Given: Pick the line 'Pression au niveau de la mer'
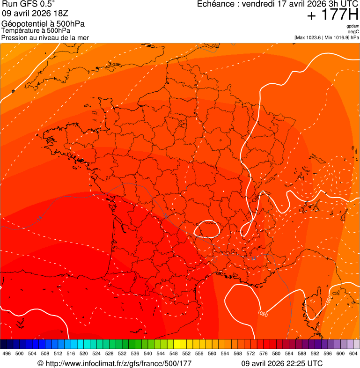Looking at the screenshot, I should pos(45,37).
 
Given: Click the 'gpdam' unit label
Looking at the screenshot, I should pos(353,26).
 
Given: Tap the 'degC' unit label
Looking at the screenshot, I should pos(354,32).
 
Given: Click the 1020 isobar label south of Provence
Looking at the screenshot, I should pos(262,314).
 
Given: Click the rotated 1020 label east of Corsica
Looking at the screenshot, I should pos(329,300).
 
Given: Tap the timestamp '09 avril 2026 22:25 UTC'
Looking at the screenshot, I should pos(281,363).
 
